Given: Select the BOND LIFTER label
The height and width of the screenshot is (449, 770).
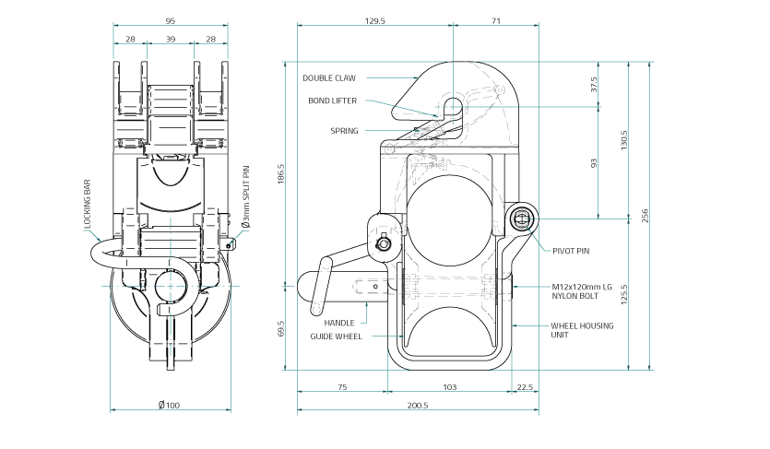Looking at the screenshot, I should (x=332, y=100).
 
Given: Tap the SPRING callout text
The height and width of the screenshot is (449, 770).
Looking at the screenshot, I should (x=344, y=131).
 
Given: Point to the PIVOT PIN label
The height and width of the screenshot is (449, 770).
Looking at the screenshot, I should (x=571, y=250).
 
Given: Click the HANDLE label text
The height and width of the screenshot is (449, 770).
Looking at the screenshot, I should (x=338, y=323).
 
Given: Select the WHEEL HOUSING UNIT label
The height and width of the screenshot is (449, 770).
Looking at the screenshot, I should (x=582, y=330).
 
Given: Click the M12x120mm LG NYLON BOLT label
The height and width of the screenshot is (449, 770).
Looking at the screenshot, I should (x=583, y=292).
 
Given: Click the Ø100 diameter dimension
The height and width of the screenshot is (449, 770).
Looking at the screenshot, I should (x=169, y=405).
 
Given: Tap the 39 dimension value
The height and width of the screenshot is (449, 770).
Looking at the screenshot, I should (x=170, y=40).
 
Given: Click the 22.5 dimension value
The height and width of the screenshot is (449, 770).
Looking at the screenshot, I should (x=525, y=387).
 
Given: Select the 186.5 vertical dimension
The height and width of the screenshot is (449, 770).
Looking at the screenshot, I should (x=281, y=172).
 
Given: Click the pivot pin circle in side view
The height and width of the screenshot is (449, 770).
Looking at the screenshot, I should (x=522, y=219).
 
